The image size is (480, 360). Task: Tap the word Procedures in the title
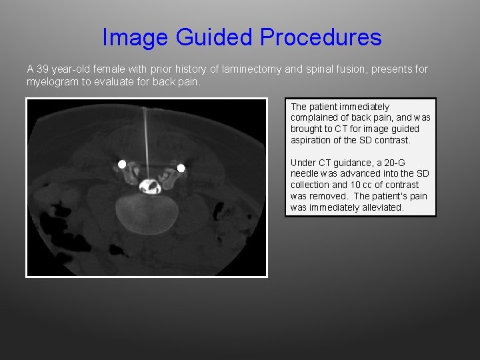(x=321, y=37)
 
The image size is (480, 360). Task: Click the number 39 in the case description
(x=41, y=69)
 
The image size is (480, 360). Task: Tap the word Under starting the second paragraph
(x=303, y=163)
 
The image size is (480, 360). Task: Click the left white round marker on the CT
(x=122, y=164)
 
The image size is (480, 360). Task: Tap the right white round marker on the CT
(x=180, y=168)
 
